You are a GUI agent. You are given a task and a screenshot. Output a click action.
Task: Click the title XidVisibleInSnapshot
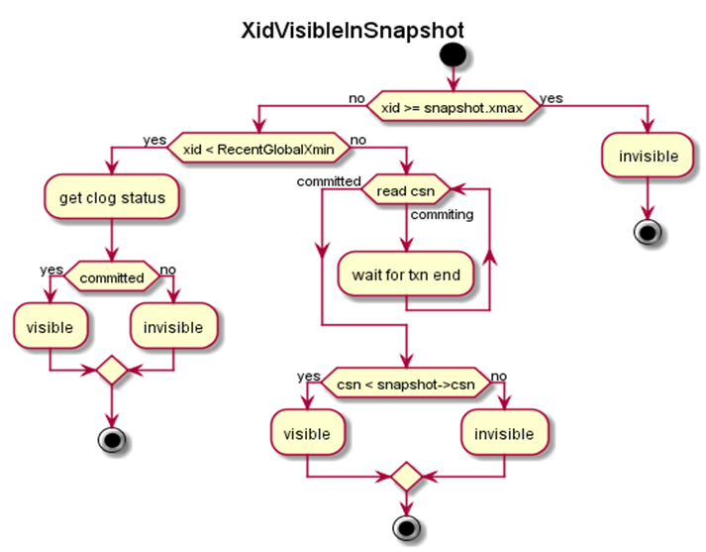(353, 30)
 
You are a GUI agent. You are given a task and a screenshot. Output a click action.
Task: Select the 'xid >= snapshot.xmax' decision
(453, 105)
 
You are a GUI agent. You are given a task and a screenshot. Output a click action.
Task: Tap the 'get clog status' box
(112, 197)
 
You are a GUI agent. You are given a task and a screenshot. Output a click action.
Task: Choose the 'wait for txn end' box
(406, 275)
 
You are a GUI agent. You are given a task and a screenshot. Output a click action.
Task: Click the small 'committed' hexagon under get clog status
(112, 277)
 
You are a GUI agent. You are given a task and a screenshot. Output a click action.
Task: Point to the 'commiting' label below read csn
(442, 213)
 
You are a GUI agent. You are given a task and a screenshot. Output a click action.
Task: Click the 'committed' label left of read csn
(328, 181)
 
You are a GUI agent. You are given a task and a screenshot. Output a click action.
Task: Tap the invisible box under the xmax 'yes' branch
(649, 156)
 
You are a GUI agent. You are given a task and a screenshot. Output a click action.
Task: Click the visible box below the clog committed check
(50, 327)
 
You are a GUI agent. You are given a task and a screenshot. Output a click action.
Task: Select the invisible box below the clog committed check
(173, 327)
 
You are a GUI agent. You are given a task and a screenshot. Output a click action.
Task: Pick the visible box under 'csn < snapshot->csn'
(308, 434)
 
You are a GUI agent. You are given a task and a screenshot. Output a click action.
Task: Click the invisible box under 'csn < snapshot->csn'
(504, 434)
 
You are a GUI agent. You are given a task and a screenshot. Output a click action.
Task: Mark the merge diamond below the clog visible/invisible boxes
(112, 372)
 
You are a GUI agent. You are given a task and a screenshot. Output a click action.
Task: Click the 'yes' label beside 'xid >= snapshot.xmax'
(551, 98)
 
